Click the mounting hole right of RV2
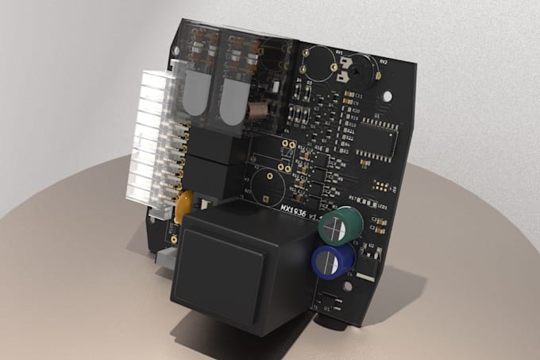(x=388, y=95)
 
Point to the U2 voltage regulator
(x=370, y=253)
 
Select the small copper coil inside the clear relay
(x=260, y=110)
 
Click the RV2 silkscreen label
(x=383, y=62)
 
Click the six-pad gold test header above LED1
(x=383, y=188)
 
